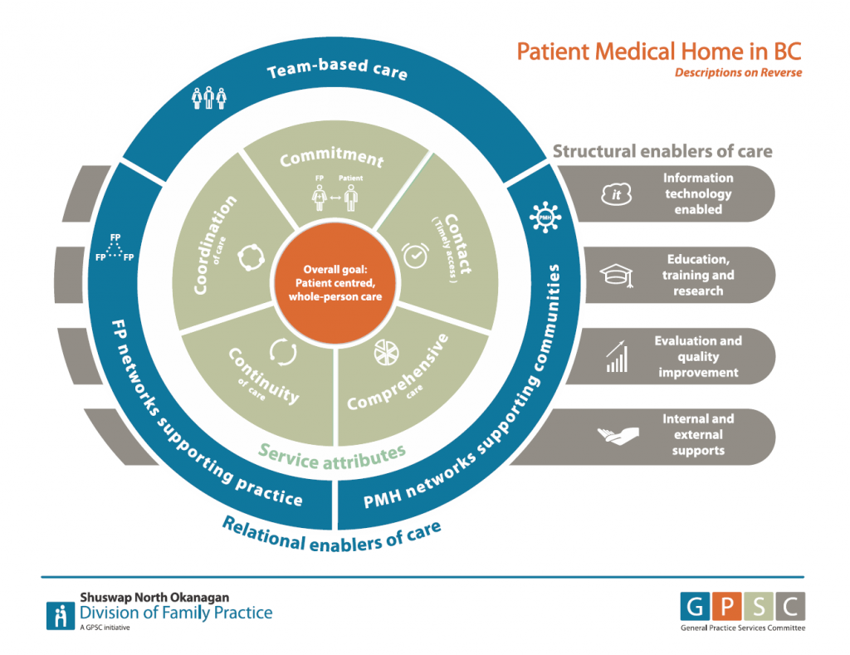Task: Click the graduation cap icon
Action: tap(616, 276)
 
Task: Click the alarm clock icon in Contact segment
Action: tap(416, 256)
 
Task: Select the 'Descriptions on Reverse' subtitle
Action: tap(738, 73)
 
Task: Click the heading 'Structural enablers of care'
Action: tap(662, 151)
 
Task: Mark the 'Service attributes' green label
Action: tap(331, 454)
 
